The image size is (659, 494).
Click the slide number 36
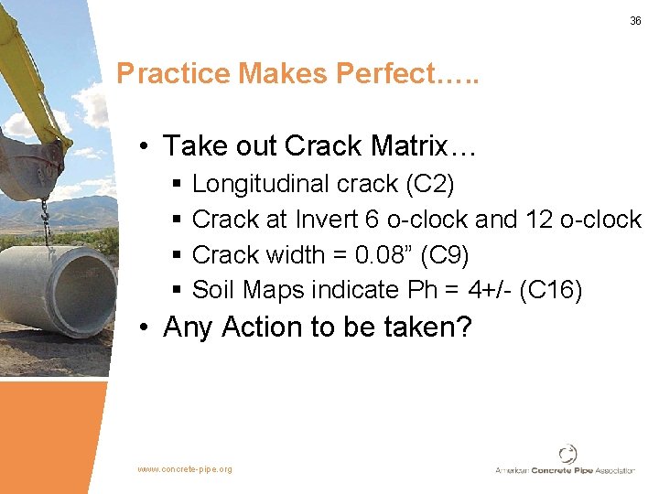click(635, 21)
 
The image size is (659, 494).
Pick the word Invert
click(326, 220)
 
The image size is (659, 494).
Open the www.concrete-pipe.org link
click(185, 469)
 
